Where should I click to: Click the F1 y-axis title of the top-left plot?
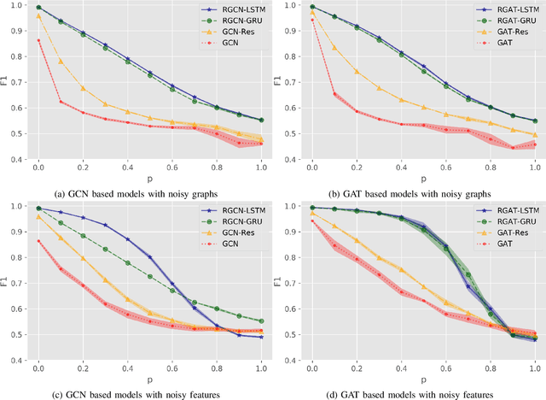click(x=6, y=81)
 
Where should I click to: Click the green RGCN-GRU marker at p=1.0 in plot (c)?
click(x=262, y=321)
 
